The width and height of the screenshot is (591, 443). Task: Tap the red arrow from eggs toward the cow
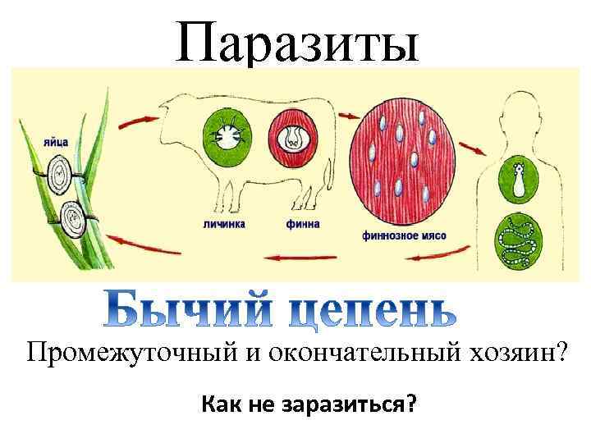[x=135, y=123]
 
